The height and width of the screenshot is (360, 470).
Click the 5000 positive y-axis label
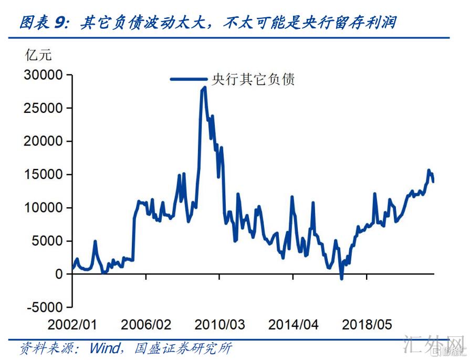click(x=47, y=241)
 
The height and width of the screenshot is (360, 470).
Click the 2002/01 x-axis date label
click(x=73, y=324)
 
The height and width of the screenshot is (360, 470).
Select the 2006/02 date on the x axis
click(x=146, y=324)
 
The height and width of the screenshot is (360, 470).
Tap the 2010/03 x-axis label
click(x=220, y=324)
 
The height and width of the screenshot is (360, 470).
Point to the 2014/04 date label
click(x=294, y=324)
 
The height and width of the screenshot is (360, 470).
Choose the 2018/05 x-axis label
click(x=367, y=324)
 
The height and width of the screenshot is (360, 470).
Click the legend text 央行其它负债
click(x=253, y=79)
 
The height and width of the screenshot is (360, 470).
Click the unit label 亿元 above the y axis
click(x=38, y=55)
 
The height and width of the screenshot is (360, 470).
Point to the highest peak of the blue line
click(x=204, y=88)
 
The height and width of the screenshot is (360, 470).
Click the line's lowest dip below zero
click(x=341, y=278)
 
